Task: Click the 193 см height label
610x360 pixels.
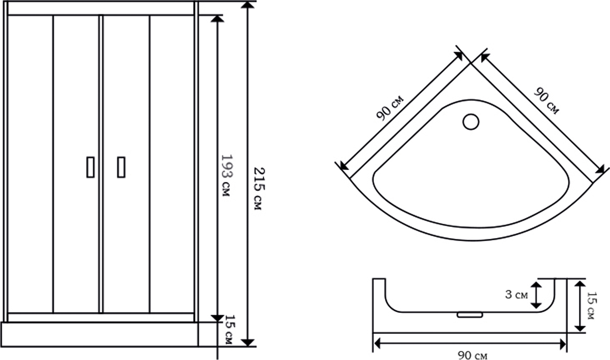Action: click(226, 175)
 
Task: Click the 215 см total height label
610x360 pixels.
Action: click(259, 189)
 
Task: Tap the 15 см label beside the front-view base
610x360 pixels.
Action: click(230, 330)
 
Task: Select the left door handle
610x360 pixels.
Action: click(91, 167)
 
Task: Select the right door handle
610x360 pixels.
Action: click(121, 167)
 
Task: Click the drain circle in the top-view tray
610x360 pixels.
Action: click(471, 122)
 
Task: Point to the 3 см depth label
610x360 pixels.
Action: click(516, 295)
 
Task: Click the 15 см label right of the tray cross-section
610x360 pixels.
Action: click(592, 305)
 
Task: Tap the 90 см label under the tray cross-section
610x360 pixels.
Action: click(472, 355)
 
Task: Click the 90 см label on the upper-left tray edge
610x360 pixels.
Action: click(390, 107)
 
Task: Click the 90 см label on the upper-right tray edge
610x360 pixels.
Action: click(546, 101)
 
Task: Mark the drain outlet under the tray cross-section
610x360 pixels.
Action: click(470, 315)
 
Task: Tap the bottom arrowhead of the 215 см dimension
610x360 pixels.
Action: click(248, 342)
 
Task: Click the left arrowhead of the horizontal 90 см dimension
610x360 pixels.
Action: click(378, 344)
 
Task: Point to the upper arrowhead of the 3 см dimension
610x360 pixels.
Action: click(536, 286)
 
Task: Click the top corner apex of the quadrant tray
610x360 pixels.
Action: click(471, 63)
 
